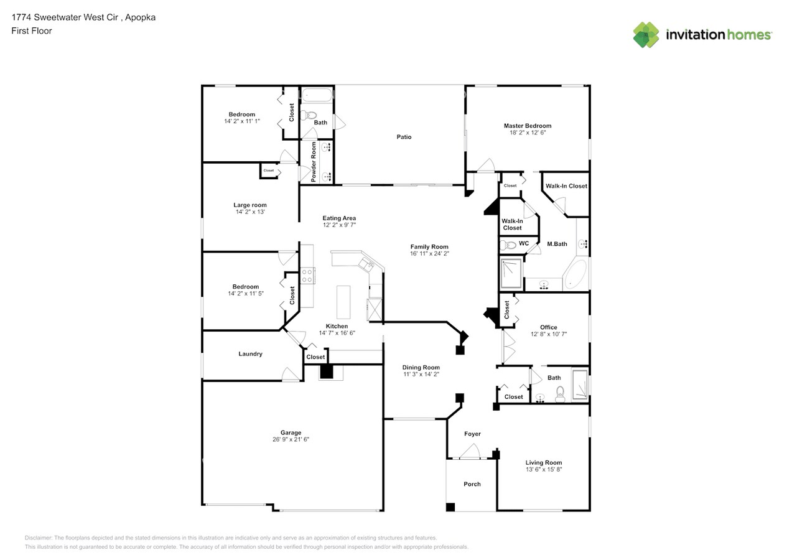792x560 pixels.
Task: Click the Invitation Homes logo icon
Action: point(646,35)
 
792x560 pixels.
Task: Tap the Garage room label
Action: point(291,432)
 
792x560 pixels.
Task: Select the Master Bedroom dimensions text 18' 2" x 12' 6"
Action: point(527,133)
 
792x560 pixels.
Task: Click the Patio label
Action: point(404,137)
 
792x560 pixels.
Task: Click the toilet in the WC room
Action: point(508,245)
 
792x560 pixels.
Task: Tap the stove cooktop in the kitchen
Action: point(307,276)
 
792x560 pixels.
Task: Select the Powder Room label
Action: point(314,161)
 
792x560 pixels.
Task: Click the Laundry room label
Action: point(250,354)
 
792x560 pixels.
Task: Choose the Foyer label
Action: point(472,434)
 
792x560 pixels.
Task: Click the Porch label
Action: point(472,484)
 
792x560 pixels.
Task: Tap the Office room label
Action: point(548,327)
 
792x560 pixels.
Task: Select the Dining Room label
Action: point(421,367)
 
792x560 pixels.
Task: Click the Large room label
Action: point(250,205)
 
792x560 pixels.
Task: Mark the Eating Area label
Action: point(339,218)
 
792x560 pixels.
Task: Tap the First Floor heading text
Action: point(32,30)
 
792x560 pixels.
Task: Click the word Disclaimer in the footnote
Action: point(38,538)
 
